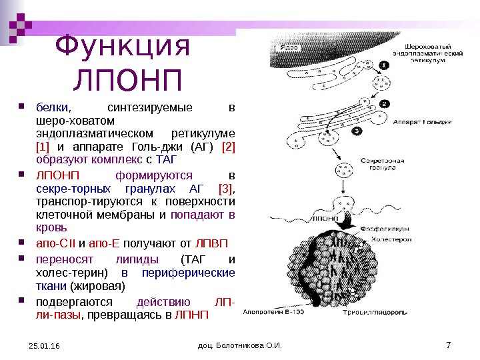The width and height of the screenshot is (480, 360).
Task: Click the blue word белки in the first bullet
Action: pos(47,108)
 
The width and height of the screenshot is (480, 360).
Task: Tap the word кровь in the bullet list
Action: pos(49,229)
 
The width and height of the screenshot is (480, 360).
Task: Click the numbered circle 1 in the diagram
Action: pos(385,65)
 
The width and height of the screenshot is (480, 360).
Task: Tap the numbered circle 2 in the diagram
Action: pos(385,104)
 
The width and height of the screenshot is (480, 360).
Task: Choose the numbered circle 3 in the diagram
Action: pos(357,131)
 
